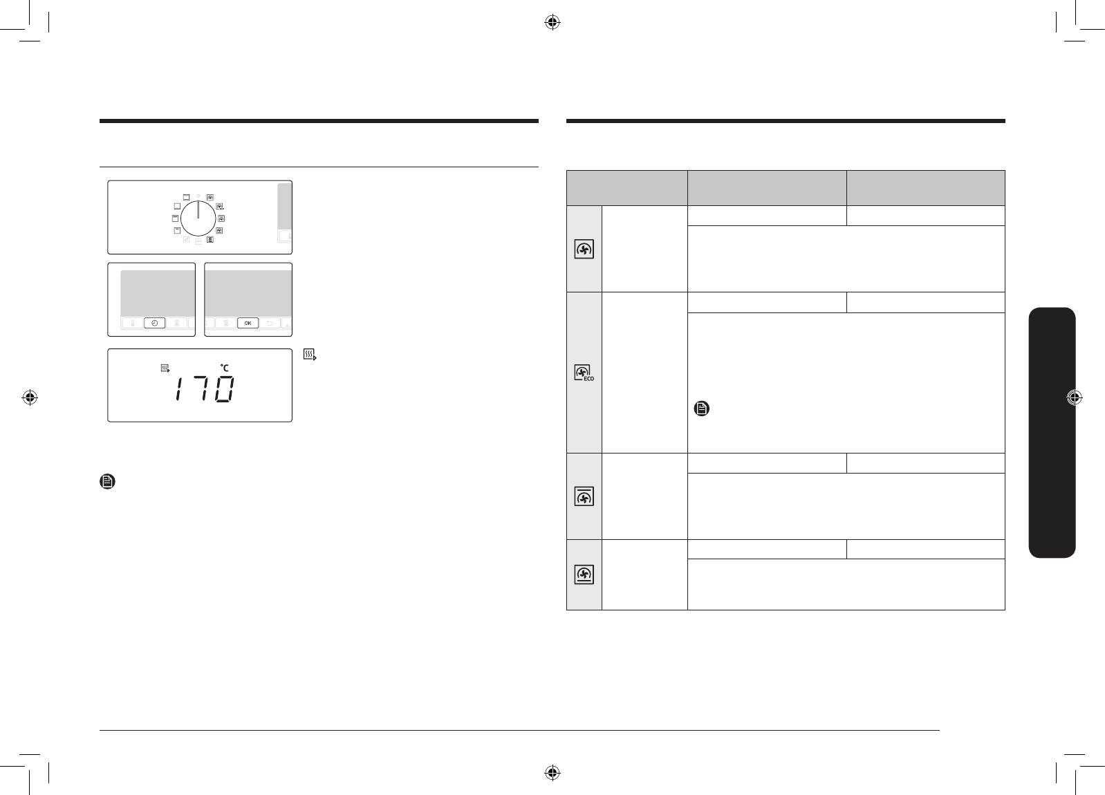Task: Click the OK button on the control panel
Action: click(x=248, y=323)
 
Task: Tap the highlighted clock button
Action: click(x=154, y=323)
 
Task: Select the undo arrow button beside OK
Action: click(x=270, y=323)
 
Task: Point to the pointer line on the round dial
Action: click(x=198, y=209)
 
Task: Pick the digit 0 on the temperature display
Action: click(x=225, y=389)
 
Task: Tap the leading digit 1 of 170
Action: click(x=178, y=389)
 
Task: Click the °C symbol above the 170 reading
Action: click(x=225, y=367)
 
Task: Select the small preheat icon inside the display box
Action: click(x=165, y=368)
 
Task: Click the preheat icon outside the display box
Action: click(x=310, y=355)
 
